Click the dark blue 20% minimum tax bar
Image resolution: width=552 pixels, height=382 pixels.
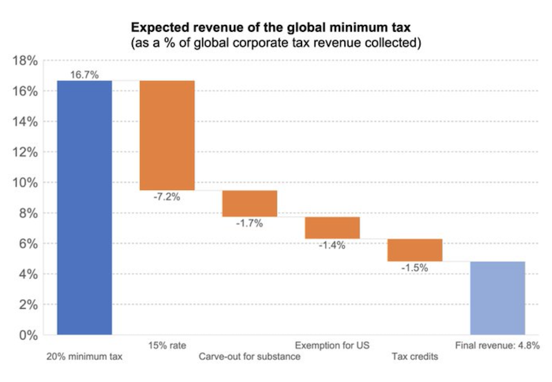(x=84, y=207)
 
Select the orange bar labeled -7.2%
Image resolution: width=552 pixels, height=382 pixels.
(x=167, y=135)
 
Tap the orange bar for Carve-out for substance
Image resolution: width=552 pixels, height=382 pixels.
(x=250, y=203)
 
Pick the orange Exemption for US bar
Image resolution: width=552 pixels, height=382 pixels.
(x=333, y=227)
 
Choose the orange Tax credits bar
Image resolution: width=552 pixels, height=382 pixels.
(x=415, y=250)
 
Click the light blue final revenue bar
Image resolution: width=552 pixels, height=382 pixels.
(x=497, y=298)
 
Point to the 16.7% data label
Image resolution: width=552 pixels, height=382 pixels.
(x=84, y=74)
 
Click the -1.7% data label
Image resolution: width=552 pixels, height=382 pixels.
(x=249, y=224)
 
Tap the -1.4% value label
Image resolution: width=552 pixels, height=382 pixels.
(x=332, y=246)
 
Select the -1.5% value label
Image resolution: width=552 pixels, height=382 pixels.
(x=415, y=268)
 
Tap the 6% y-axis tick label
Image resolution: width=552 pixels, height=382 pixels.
(x=28, y=244)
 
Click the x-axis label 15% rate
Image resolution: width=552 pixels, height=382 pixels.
(x=167, y=345)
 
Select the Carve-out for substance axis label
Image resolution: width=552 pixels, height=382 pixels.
(x=250, y=357)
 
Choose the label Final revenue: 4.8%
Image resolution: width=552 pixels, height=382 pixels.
(x=497, y=345)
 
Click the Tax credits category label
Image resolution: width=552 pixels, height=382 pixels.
(x=415, y=357)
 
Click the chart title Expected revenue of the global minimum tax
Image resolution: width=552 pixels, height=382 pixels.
(x=276, y=29)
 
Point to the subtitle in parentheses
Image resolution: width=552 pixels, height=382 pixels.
(x=276, y=44)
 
